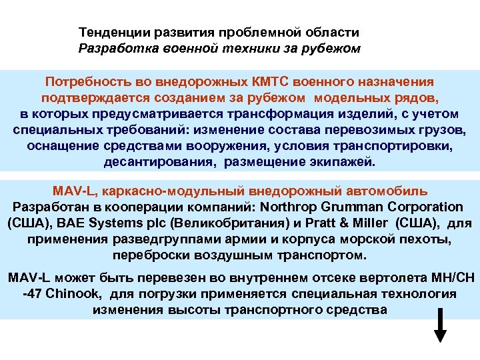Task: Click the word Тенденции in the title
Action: (x=112, y=33)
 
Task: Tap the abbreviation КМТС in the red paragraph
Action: (x=271, y=81)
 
